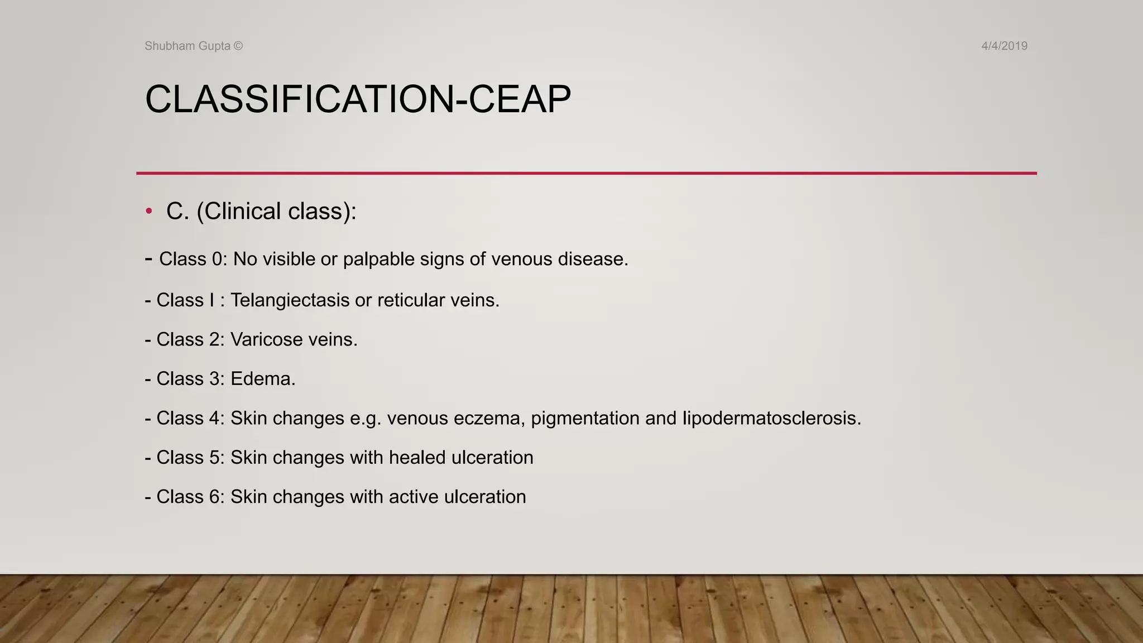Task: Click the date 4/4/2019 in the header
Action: [x=1004, y=46]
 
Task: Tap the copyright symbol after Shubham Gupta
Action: [x=238, y=46]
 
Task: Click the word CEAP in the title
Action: [x=520, y=100]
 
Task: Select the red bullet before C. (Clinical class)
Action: [x=148, y=211]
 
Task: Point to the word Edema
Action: [x=263, y=379]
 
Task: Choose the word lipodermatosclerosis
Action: [x=772, y=418]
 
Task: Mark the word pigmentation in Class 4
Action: [x=585, y=419]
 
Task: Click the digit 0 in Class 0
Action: [x=217, y=260]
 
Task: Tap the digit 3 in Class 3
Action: [x=215, y=379]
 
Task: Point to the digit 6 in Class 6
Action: [x=215, y=497]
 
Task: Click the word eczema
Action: [x=487, y=419]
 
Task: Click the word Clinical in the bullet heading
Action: [x=241, y=212]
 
